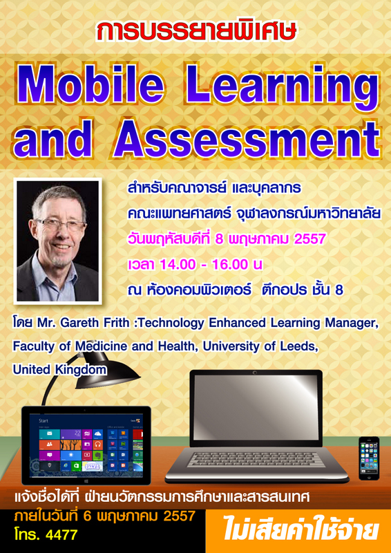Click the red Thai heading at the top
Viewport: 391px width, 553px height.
tap(196, 31)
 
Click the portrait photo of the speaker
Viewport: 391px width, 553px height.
tap(57, 241)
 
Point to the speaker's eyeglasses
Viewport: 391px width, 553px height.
tap(61, 225)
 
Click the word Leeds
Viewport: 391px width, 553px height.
tap(300, 346)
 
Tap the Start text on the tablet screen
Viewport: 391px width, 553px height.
tap(44, 421)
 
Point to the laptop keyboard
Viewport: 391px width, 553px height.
tap(256, 460)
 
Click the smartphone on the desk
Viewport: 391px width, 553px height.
tap(369, 458)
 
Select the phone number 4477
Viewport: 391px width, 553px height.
tap(61, 536)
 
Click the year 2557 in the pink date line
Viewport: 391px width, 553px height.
tap(309, 239)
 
